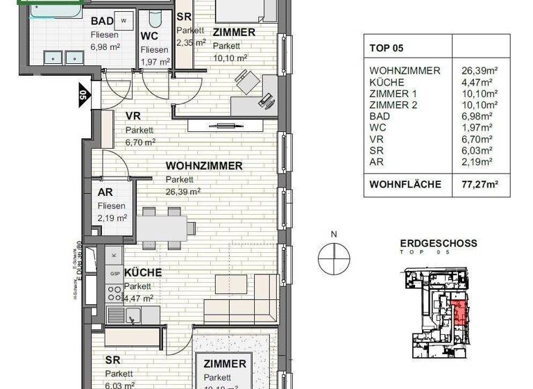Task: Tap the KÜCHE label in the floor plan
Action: pos(143,273)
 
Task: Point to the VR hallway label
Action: pos(133,117)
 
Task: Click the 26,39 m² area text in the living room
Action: pos(183,191)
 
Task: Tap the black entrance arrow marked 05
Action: pos(83,93)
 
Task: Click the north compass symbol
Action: pos(334,259)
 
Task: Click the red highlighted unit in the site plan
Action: pos(459,312)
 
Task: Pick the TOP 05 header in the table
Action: pos(387,49)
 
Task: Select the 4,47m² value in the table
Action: pos(477,82)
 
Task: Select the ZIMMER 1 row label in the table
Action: pos(394,93)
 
